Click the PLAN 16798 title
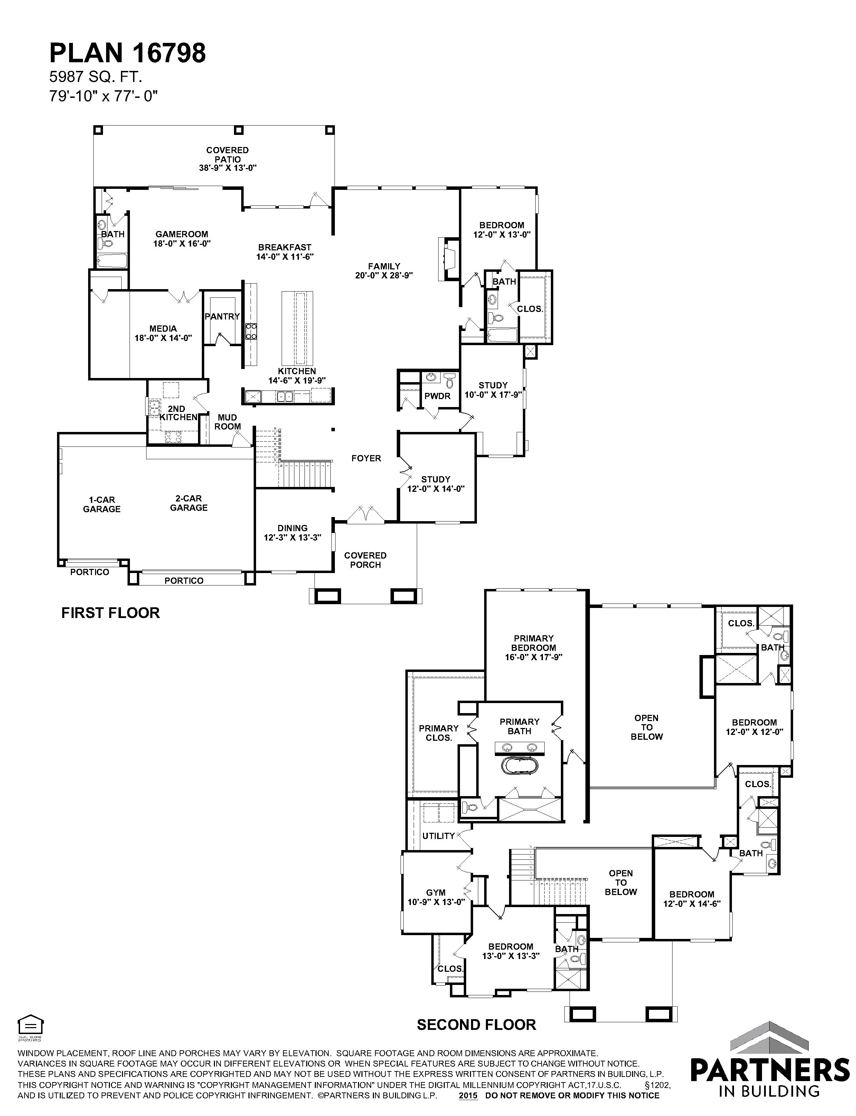tap(128, 53)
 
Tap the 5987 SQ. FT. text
tap(95, 77)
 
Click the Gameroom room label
tap(182, 239)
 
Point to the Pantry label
tap(222, 316)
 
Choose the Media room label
tap(163, 333)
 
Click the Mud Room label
tap(227, 422)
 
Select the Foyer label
tap(366, 458)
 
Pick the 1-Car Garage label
tap(102, 504)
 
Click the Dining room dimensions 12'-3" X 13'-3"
tap(292, 537)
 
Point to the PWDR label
tap(437, 396)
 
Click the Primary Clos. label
tap(439, 733)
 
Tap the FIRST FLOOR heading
tap(111, 613)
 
